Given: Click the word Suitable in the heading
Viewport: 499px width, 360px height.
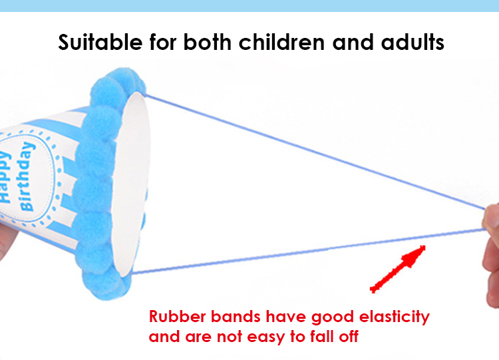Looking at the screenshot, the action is click(100, 42).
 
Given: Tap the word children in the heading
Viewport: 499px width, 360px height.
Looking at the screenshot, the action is click(281, 42).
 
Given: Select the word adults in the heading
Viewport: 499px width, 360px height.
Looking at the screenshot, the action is click(413, 42).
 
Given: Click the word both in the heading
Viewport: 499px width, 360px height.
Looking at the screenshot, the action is click(207, 42).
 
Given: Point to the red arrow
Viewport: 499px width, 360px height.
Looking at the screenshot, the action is click(398, 269).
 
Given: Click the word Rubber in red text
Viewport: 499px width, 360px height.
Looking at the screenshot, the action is click(178, 317).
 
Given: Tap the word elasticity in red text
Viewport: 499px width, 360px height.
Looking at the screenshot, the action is click(395, 317).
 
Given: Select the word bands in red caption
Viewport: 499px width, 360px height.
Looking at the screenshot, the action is click(236, 317).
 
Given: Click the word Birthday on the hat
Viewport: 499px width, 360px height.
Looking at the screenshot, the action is click(27, 176).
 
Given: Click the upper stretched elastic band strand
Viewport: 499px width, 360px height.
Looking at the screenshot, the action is click(315, 152).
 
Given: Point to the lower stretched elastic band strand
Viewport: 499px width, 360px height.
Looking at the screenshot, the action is click(308, 251).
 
